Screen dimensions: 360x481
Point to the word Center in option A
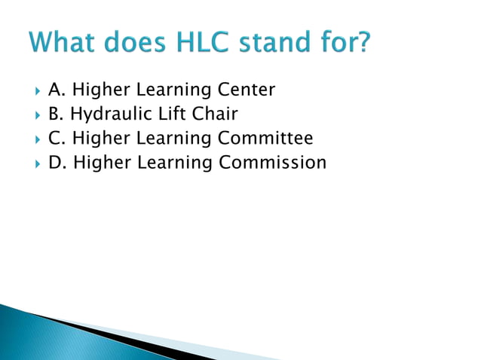[247, 90]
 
